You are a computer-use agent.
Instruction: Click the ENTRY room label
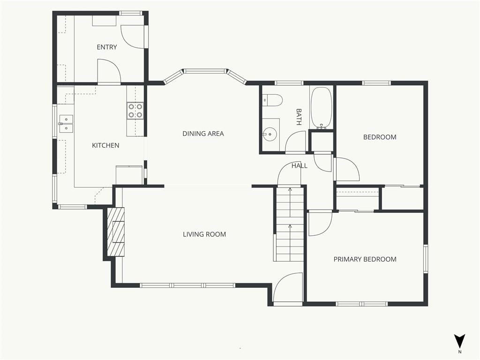[x=107, y=47]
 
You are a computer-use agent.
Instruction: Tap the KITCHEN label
[x=105, y=145]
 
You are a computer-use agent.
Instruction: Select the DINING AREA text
[x=203, y=134]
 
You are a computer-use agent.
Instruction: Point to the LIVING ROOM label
[x=204, y=234]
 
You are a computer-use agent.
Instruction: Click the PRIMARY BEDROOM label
[x=365, y=259]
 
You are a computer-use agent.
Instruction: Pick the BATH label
[x=299, y=117]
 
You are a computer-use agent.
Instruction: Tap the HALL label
[x=300, y=166]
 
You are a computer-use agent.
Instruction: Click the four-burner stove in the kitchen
[x=135, y=111]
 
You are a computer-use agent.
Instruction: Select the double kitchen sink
[x=66, y=124]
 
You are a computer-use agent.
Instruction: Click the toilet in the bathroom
[x=272, y=100]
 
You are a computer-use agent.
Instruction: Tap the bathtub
[x=321, y=108]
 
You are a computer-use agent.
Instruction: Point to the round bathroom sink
[x=270, y=134]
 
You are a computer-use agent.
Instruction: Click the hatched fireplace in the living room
[x=116, y=232]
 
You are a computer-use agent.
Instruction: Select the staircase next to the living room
[x=289, y=224]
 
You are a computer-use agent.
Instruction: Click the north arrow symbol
[x=459, y=341]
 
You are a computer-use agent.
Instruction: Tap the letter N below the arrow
[x=460, y=352]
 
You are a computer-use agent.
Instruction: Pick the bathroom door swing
[x=296, y=142]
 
